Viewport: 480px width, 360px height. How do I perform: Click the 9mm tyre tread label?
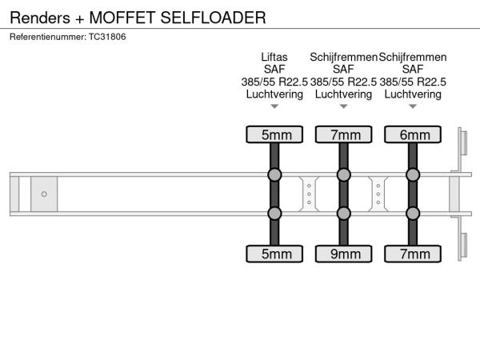point(343,254)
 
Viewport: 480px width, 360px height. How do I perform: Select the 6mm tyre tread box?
point(413,134)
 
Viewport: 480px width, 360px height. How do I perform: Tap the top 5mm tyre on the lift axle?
point(274,134)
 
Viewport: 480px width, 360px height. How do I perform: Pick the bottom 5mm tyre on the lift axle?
point(274,254)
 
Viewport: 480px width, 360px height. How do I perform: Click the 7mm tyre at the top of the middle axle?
point(343,134)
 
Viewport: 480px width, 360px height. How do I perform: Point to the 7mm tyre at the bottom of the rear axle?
point(413,254)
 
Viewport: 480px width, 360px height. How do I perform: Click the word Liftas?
point(274,57)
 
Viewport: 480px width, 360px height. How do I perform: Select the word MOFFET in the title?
point(122,18)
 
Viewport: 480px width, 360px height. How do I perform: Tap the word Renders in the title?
point(40,18)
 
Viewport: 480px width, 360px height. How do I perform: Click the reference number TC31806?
point(107,37)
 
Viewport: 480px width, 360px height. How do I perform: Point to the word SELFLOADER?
point(213,18)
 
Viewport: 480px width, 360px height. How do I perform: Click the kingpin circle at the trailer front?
point(44,194)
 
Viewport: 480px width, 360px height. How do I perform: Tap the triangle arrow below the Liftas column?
point(274,106)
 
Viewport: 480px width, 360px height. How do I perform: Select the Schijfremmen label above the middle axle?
point(343,57)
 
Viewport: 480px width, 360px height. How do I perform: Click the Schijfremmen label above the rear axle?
point(413,57)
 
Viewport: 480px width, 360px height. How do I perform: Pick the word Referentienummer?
point(48,37)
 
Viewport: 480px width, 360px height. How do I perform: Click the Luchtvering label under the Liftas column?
point(274,94)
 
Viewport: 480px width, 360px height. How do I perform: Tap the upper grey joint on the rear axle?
point(413,174)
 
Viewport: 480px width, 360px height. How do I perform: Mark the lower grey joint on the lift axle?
point(274,214)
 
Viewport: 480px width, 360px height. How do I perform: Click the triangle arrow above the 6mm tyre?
point(413,106)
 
